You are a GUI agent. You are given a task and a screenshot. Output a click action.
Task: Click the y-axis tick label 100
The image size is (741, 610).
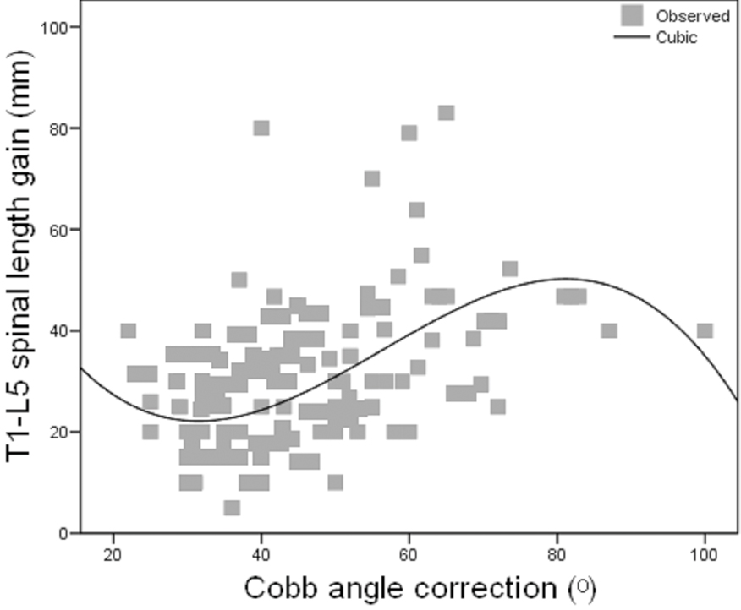click(x=52, y=27)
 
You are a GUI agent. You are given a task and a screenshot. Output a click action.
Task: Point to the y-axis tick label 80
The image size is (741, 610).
click(x=57, y=128)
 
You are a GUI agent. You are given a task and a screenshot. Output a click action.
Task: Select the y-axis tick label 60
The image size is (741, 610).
click(x=57, y=230)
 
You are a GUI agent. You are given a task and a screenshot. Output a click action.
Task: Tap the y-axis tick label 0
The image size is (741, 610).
click(x=62, y=534)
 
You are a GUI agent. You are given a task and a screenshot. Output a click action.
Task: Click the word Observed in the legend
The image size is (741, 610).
click(x=693, y=16)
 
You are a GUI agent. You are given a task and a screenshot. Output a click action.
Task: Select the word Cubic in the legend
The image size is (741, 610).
click(x=677, y=38)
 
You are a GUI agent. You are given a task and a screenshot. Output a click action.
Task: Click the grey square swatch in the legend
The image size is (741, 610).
click(x=632, y=15)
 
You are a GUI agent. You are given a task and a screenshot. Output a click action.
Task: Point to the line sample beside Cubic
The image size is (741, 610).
click(x=632, y=38)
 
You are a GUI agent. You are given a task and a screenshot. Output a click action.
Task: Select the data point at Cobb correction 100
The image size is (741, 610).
click(x=705, y=330)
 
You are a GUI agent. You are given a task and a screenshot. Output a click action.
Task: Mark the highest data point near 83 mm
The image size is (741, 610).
click(x=446, y=112)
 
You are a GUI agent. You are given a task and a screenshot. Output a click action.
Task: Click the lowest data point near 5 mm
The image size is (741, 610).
click(x=232, y=507)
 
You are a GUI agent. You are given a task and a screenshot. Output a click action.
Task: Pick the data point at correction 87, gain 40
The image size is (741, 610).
click(x=609, y=330)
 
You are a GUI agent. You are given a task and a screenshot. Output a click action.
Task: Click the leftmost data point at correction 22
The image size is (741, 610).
click(x=128, y=330)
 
